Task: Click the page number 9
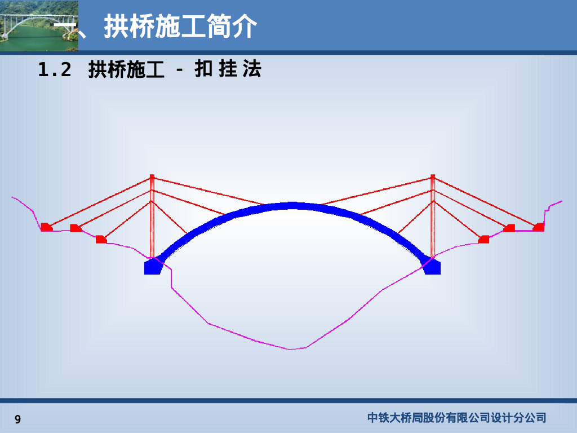(18, 419)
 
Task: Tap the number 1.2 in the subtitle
(55, 70)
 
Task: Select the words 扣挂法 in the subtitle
(228, 70)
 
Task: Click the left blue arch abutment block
(153, 267)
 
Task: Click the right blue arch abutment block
(432, 267)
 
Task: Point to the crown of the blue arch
(291, 206)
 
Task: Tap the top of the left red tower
(152, 178)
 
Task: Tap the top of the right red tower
(433, 178)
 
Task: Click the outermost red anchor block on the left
(46, 227)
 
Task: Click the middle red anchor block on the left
(76, 228)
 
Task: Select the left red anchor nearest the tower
(101, 240)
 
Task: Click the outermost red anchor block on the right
(539, 228)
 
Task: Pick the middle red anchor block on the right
(509, 228)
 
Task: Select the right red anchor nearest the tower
(483, 240)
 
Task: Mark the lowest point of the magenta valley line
(291, 350)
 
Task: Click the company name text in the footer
(456, 418)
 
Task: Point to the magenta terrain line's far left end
(13, 197)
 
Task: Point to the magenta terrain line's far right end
(561, 201)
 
